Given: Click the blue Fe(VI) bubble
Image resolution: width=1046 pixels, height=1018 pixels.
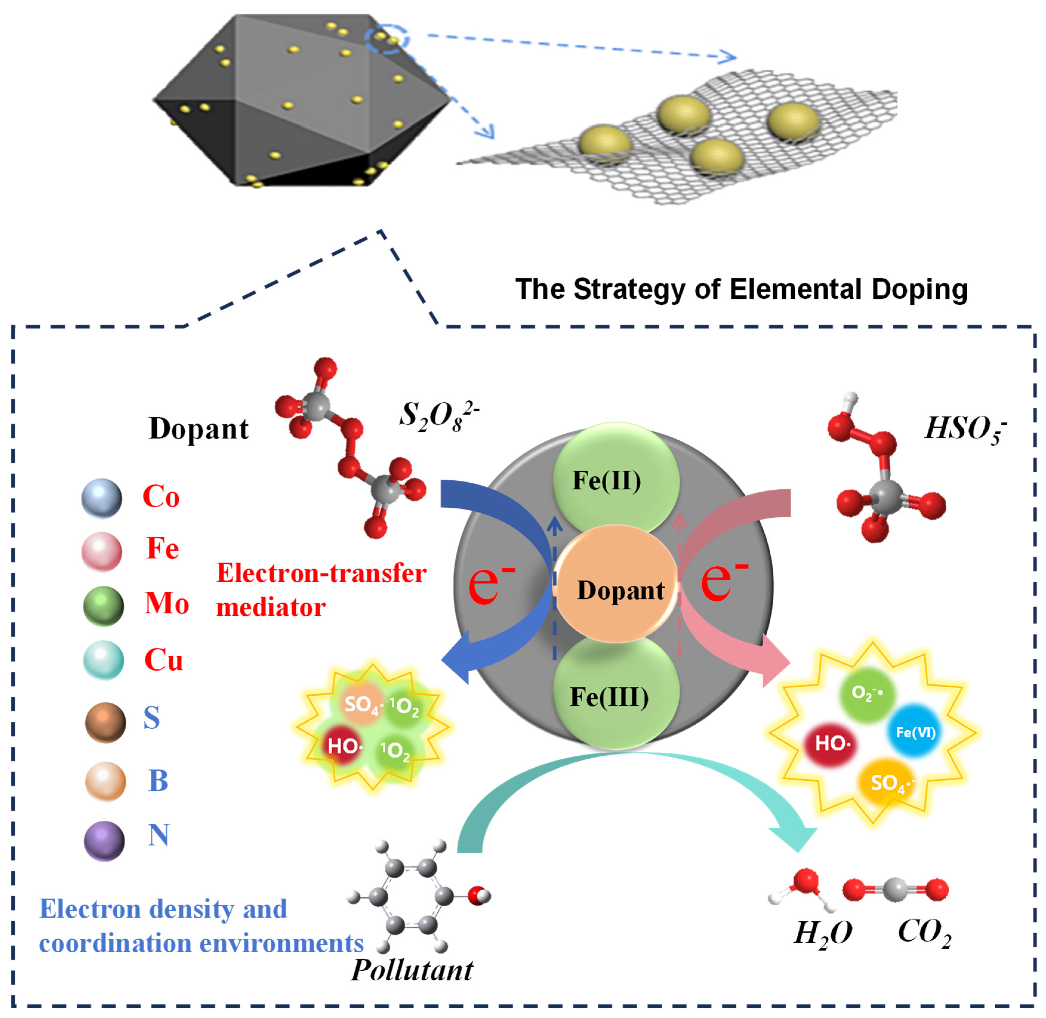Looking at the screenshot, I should click(915, 731).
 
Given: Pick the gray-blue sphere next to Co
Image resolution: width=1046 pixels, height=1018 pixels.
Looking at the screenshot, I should click(101, 498).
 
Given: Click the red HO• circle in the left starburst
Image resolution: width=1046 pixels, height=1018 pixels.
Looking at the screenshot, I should click(344, 745).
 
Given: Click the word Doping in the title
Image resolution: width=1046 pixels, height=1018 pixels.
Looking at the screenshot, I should click(919, 289).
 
